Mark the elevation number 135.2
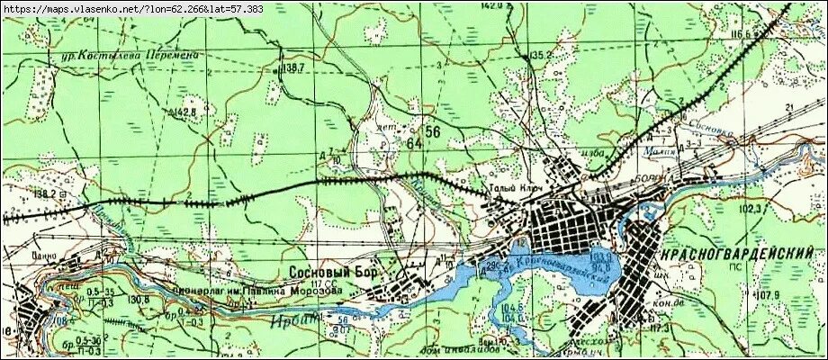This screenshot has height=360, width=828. click(540, 56)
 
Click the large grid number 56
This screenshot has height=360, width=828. click(433, 132)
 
